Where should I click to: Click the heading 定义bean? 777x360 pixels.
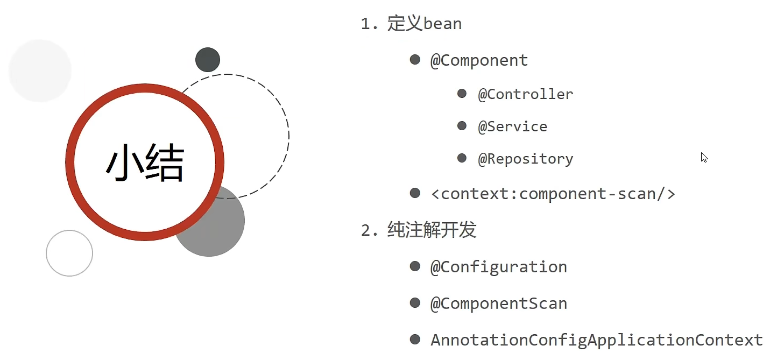pos(424,24)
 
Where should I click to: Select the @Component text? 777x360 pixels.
pos(479,60)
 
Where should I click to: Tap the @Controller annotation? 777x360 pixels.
pos(525,94)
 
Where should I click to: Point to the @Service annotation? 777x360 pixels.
pos(512,126)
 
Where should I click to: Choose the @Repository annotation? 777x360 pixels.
pos(525,159)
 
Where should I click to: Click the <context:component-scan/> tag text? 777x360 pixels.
pos(553,194)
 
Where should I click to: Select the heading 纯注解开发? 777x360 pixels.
pos(432,230)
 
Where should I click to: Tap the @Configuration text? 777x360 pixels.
pos(498,267)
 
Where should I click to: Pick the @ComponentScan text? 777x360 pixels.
pos(498,303)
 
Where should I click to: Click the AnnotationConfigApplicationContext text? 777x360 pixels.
pos(596,340)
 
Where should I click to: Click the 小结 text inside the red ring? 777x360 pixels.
pos(145,163)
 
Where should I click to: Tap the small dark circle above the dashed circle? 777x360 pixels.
pos(208,60)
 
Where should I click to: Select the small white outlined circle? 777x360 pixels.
pos(69,253)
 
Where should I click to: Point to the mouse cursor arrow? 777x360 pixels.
pos(703,157)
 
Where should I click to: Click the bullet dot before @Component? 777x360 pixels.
pos(415,59)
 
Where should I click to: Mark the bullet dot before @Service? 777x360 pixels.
pos(462,126)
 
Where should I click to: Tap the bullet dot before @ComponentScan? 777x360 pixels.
pos(415,302)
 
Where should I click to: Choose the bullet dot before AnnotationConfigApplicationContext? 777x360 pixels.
pos(415,339)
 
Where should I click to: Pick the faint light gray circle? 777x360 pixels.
pos(40,70)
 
